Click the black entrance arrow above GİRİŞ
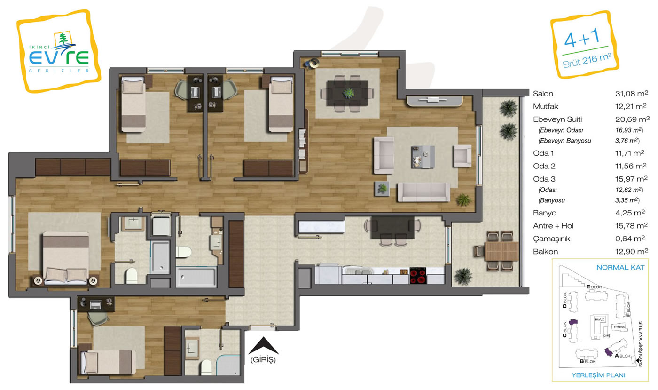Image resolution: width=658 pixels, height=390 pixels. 264,346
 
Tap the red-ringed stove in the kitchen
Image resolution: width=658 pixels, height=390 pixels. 418,276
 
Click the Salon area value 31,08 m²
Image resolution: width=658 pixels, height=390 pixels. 632,94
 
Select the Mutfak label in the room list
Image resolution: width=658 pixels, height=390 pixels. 546,106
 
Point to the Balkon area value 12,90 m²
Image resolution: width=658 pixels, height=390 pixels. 632,252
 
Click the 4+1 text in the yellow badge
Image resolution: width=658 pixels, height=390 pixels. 582,38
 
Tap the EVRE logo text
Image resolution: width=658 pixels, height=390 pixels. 59,57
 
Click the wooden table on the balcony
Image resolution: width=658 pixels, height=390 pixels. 502,251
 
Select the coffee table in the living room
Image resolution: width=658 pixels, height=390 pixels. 423,157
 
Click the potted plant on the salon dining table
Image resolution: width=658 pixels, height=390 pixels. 349,93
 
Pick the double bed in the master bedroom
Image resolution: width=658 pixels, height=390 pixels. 66,258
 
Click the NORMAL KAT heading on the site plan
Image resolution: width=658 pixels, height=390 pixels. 620,268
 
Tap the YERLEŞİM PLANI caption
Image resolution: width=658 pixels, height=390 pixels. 598,375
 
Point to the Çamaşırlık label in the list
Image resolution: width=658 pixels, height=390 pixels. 551,239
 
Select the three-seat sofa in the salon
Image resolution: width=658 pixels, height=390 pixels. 423,192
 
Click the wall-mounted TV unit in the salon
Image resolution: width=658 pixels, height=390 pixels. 435,101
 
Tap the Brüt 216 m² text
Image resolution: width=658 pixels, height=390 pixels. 587,61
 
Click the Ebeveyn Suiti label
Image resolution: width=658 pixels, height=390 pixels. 557,119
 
